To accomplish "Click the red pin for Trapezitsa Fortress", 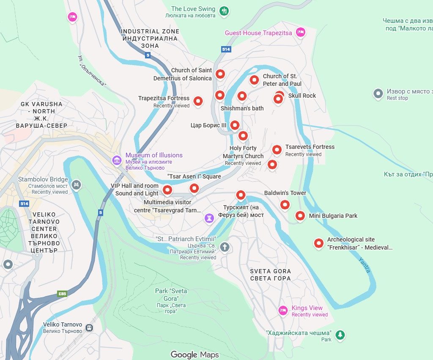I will (198, 101).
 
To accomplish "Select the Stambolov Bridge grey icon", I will (76, 184).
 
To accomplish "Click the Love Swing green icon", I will (225, 11).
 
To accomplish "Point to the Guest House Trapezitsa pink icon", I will (300, 32).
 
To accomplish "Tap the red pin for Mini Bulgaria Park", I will (300, 216).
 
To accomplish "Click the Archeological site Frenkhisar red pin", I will (318, 243).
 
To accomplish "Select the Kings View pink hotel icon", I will (283, 311).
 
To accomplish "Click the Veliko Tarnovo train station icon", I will (89, 327).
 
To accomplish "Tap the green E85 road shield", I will (62, 294).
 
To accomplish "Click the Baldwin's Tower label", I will (285, 193).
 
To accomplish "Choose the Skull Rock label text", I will (302, 96).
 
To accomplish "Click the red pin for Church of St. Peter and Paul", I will (254, 79).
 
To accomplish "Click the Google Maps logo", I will (195, 355).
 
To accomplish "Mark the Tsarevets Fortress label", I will (310, 147).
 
